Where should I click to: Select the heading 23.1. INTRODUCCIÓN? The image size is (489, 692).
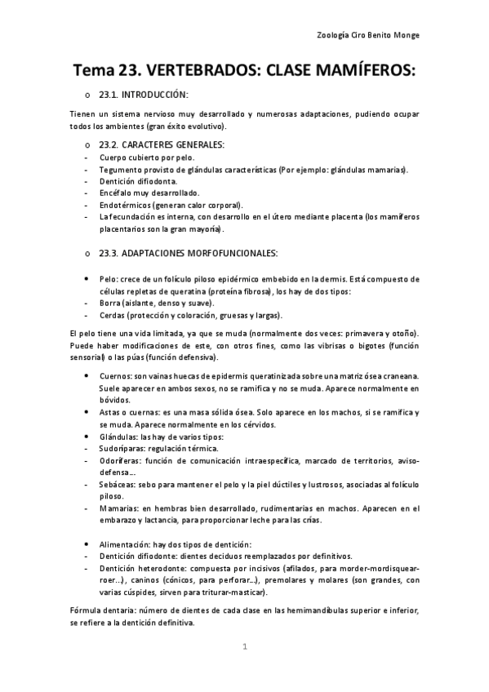[143, 95]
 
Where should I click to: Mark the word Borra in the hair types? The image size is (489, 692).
[110, 303]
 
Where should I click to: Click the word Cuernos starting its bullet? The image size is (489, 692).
[115, 375]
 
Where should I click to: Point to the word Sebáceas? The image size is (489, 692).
[118, 485]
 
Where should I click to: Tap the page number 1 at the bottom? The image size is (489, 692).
[244, 647]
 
